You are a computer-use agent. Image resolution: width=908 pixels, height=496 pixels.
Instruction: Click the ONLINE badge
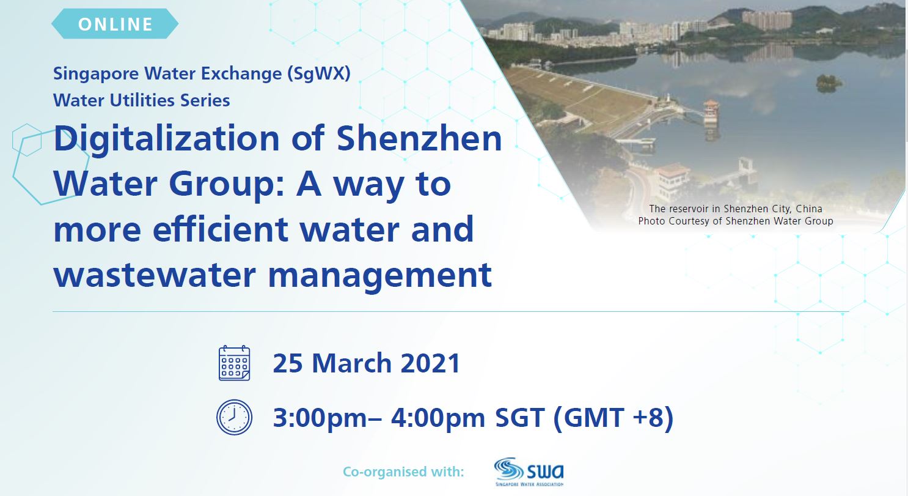pos(115,24)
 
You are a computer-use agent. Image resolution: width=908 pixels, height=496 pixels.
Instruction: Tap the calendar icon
pos(234,363)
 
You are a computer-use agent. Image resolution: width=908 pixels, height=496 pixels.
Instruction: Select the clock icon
pos(234,417)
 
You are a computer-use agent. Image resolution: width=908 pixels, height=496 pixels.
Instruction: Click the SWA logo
pos(529,472)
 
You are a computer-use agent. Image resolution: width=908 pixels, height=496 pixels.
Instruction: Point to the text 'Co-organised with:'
pos(403,472)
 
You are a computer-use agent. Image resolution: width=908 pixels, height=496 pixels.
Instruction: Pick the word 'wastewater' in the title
pos(155,275)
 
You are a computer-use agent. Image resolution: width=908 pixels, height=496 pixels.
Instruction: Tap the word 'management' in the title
pos(380,277)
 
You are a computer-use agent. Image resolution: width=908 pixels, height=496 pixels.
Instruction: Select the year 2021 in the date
pos(430,363)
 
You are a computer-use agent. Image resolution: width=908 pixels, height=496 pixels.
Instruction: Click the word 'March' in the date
pos(351,363)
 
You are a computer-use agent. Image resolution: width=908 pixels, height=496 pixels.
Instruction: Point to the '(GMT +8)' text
pos(613,418)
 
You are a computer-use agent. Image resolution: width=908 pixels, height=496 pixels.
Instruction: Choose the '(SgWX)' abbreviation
pos(319,74)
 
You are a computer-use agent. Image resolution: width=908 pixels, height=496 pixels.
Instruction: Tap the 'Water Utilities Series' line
pos(142,100)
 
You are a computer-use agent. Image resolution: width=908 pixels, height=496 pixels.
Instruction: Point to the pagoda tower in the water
pos(711,113)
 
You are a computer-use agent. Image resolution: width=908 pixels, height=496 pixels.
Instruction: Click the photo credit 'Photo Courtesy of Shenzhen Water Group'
pos(735,221)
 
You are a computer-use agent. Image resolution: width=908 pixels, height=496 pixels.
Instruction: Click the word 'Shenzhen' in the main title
pos(419,138)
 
